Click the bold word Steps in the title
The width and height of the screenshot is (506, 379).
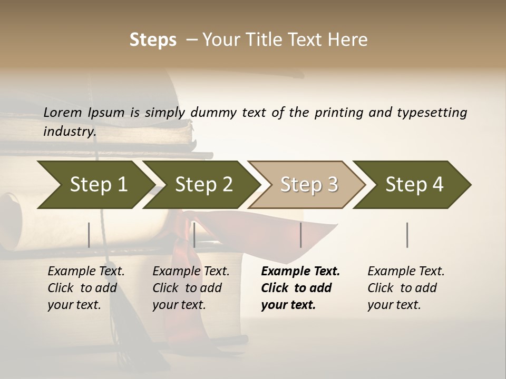[x=153, y=40]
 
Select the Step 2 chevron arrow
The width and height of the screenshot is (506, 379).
[x=203, y=184]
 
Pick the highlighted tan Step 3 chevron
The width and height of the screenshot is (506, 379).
[x=308, y=184]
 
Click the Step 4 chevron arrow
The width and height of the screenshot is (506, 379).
[x=414, y=184]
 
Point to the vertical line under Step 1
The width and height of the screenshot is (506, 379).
[x=89, y=235]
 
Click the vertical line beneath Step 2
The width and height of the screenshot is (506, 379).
[x=194, y=235]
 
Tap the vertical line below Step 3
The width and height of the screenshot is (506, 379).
[x=300, y=235]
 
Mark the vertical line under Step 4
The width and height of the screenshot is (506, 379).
[x=407, y=235]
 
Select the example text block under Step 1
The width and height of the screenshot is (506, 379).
[x=86, y=288]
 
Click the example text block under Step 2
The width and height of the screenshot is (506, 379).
[x=191, y=288]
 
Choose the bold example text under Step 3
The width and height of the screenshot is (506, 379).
[x=300, y=288]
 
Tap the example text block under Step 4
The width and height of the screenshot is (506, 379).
[x=406, y=288]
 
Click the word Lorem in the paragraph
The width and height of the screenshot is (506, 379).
[x=63, y=112]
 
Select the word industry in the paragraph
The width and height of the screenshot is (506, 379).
[x=69, y=132]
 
